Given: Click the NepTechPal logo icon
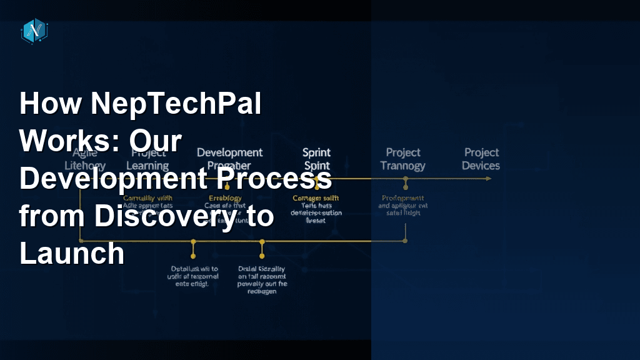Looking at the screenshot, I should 34,31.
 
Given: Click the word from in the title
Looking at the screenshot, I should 52,216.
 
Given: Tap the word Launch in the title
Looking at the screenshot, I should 72,254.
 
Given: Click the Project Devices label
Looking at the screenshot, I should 481,159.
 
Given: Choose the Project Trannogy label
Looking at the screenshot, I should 403,159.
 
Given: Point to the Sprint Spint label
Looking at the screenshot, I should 316,159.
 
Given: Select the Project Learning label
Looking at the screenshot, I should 148,159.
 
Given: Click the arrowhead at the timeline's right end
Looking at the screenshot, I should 488,179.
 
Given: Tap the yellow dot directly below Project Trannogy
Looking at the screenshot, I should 406,179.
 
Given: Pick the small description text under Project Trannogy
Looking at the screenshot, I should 404,205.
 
